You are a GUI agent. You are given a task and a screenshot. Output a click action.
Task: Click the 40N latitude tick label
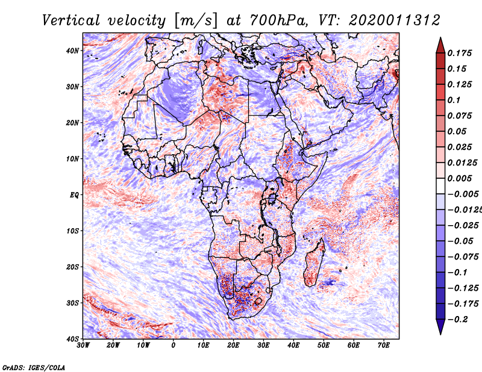click(x=72, y=51)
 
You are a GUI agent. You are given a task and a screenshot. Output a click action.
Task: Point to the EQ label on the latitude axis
click(x=74, y=195)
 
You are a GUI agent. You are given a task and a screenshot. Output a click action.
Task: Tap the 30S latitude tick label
click(x=72, y=303)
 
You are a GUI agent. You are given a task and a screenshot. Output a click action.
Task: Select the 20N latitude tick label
click(x=72, y=123)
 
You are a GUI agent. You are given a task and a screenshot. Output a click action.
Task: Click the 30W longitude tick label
click(x=83, y=346)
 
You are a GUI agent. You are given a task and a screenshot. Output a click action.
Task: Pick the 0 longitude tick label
click(x=174, y=346)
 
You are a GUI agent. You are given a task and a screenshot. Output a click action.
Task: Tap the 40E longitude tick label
click(x=293, y=346)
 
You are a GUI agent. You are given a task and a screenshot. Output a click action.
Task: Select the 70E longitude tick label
click(x=384, y=346)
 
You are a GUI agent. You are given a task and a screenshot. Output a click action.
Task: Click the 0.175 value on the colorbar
click(x=460, y=53)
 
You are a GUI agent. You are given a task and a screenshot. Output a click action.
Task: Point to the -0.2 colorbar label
click(x=458, y=320)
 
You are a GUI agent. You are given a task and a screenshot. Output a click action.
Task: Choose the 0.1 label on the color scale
click(x=454, y=100)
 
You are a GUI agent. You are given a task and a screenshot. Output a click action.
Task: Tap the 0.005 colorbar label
click(x=460, y=178)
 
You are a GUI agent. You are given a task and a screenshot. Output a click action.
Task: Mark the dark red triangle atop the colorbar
click(x=440, y=46)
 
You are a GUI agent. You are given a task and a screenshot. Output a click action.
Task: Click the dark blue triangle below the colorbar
click(x=440, y=327)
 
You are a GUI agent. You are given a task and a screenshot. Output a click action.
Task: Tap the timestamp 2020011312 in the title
click(x=395, y=20)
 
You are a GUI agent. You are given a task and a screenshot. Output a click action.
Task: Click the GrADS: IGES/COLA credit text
click(x=34, y=367)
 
